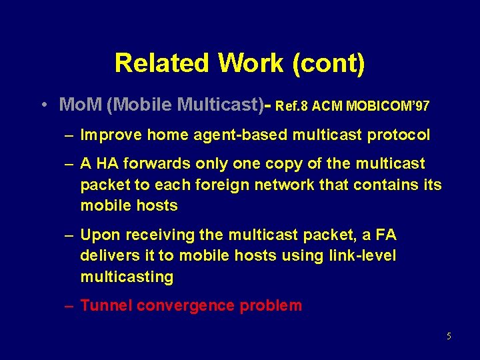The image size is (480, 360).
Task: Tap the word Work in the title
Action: point(251,63)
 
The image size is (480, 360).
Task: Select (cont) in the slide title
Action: point(329,63)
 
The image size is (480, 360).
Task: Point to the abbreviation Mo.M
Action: point(80,105)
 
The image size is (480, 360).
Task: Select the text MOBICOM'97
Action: point(388,106)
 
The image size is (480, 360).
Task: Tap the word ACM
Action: point(329,106)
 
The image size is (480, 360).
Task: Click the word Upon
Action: point(98,235)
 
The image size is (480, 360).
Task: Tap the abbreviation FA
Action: point(385,235)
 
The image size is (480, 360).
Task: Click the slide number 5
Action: point(449,336)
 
